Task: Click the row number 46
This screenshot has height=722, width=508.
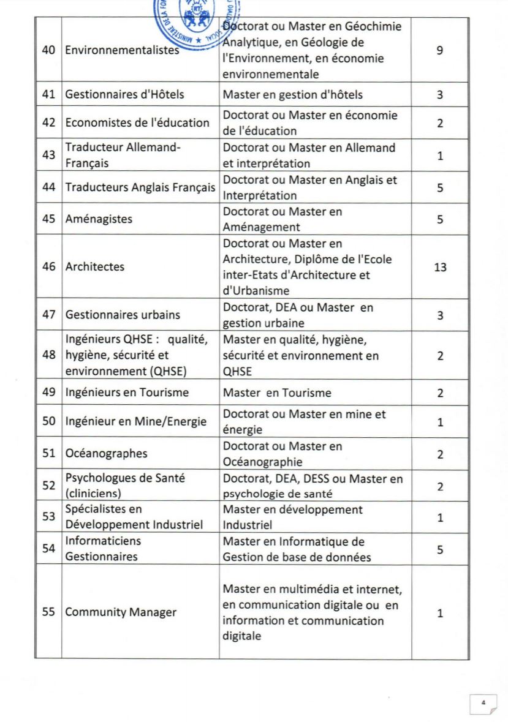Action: (48, 267)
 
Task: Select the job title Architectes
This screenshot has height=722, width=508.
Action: (95, 267)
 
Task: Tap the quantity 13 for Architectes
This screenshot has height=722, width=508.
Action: (440, 267)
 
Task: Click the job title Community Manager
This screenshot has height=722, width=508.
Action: (121, 612)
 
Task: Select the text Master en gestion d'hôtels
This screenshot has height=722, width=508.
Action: (293, 94)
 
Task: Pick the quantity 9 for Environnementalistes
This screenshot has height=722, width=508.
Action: (440, 51)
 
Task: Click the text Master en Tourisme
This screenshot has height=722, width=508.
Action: (277, 393)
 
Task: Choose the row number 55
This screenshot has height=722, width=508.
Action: (48, 612)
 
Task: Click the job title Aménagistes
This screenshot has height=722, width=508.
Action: (99, 219)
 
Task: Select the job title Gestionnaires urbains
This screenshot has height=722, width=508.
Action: (123, 315)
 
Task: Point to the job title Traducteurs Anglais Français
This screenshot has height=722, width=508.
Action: (140, 187)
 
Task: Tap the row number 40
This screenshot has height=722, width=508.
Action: (48, 50)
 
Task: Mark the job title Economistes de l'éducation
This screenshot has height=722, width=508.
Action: (137, 122)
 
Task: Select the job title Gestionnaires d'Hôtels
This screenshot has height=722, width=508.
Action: (125, 94)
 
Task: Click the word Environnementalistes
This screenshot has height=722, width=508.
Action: (122, 50)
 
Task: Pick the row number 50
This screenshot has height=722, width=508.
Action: (48, 421)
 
